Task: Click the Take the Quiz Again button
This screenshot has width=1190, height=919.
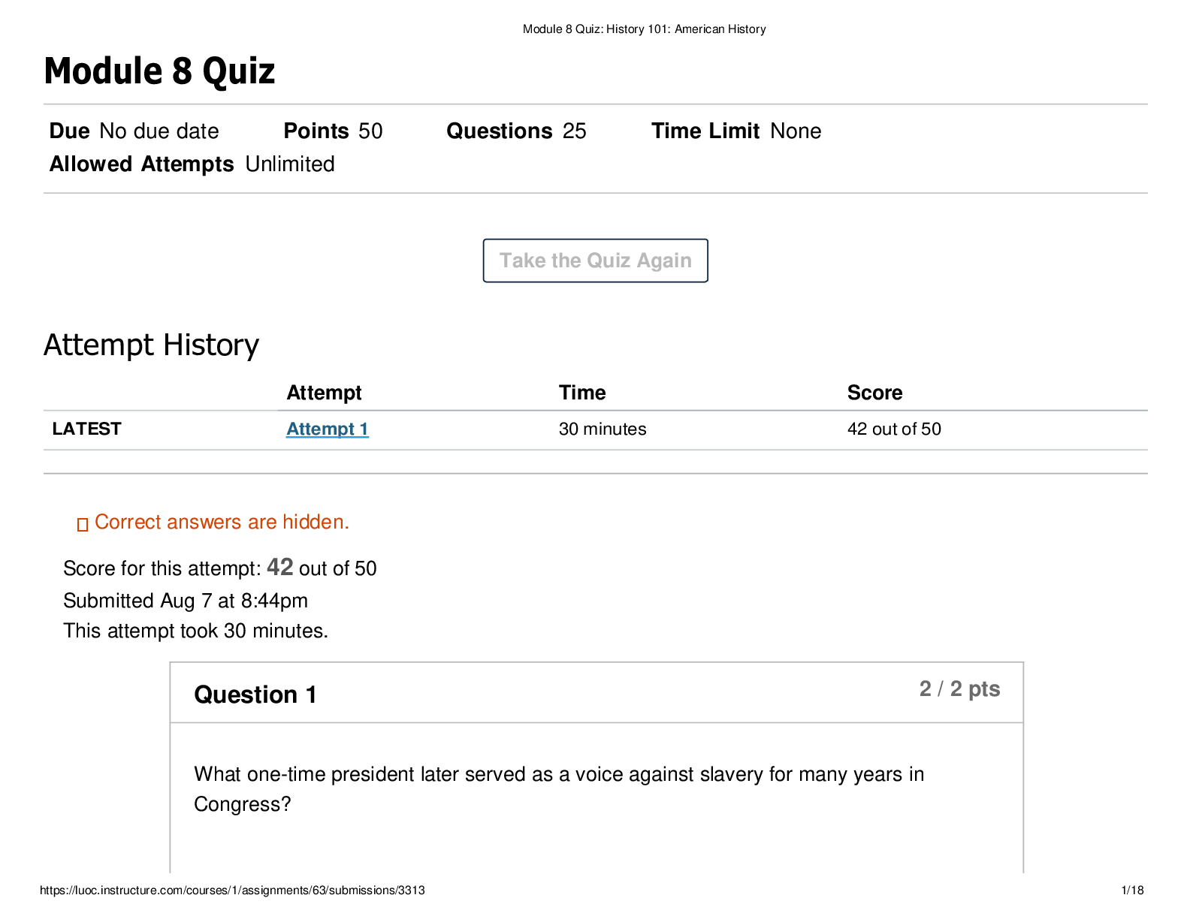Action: point(595,261)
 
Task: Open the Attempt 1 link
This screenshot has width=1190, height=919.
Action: point(327,429)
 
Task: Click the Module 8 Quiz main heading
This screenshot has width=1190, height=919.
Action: point(159,71)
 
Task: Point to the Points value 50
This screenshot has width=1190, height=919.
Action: point(370,131)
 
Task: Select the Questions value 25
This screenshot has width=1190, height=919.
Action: point(574,131)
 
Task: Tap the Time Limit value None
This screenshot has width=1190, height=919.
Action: point(795,131)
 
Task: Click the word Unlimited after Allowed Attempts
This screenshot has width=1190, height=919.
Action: point(290,164)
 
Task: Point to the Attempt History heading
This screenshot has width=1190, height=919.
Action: point(151,345)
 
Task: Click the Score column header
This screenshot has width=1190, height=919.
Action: point(874,393)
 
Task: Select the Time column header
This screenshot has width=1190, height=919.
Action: point(582,393)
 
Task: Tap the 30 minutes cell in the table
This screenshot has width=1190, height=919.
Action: point(603,429)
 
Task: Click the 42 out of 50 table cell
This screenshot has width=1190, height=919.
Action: point(894,429)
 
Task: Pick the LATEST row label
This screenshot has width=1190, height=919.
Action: point(86,429)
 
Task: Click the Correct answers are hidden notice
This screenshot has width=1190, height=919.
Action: point(213,522)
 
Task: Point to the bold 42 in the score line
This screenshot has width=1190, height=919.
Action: point(279,567)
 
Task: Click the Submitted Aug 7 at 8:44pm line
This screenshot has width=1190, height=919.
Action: point(186,601)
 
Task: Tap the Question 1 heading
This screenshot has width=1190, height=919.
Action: point(255,695)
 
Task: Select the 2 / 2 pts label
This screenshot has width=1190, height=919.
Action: point(959,688)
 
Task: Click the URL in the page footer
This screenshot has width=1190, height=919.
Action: point(232,890)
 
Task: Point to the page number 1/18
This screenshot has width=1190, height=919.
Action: point(1132,890)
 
